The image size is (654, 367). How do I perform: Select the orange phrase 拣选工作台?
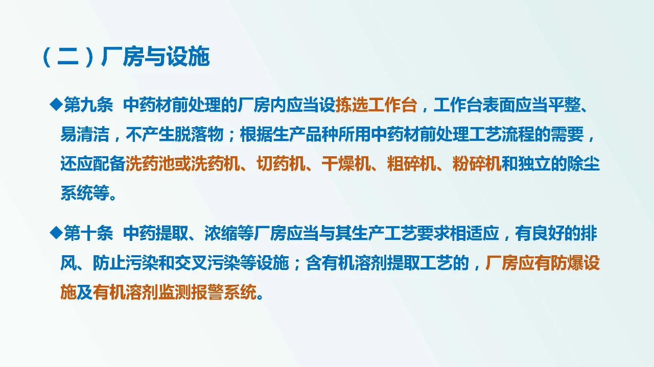pos(376,106)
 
